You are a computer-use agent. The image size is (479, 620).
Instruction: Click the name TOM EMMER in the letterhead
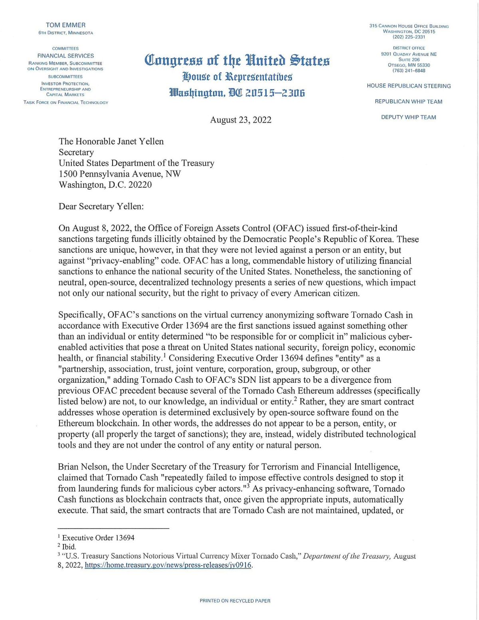click(65, 25)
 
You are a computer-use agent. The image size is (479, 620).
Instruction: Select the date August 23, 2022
click(240, 119)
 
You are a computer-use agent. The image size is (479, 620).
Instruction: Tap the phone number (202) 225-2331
click(409, 37)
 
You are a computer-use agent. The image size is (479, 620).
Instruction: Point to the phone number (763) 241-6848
click(409, 71)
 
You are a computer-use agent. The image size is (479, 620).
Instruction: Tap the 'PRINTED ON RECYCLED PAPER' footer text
click(235, 600)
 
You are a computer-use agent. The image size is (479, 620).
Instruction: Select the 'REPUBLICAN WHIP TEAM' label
click(408, 102)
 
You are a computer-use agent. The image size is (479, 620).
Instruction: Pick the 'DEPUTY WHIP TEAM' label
click(408, 117)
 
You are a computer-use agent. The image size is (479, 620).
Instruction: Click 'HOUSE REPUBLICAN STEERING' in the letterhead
click(409, 86)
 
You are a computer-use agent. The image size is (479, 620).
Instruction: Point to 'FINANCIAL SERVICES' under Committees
click(65, 56)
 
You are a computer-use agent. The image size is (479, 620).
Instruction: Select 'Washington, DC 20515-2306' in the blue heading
click(237, 93)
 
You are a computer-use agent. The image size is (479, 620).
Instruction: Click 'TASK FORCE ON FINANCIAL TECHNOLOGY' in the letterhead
click(65, 103)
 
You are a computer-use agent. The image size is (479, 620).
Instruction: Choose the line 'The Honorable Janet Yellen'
click(111, 141)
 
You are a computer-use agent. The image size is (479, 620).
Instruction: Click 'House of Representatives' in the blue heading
click(237, 76)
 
